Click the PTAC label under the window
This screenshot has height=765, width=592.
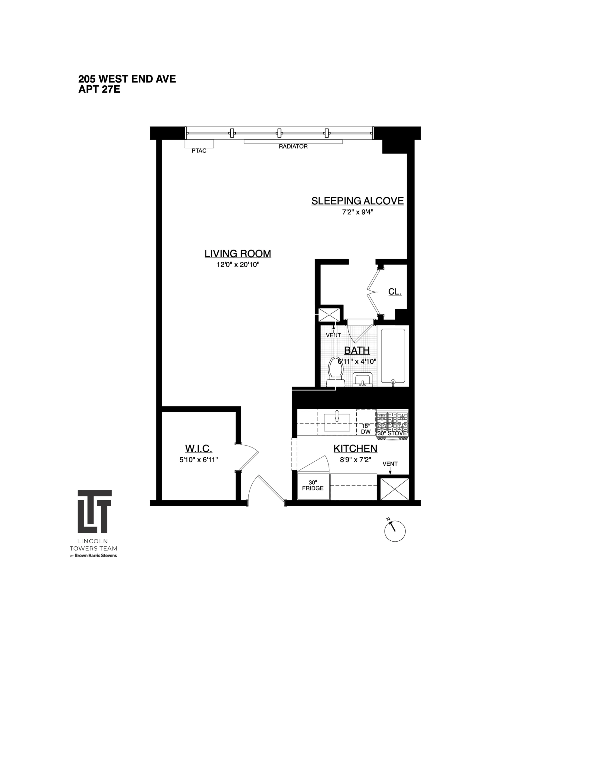(x=199, y=151)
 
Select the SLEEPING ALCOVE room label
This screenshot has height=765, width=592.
(x=357, y=201)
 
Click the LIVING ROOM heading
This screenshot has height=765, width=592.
(x=238, y=254)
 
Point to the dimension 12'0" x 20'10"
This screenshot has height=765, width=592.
(x=238, y=265)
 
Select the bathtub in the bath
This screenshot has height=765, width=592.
(x=393, y=356)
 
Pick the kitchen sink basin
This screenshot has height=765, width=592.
(x=337, y=422)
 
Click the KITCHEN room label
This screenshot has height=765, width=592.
(x=355, y=449)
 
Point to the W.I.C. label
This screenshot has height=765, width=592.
(x=198, y=449)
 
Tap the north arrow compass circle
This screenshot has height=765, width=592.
(x=395, y=531)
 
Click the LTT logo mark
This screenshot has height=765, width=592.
(x=94, y=511)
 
